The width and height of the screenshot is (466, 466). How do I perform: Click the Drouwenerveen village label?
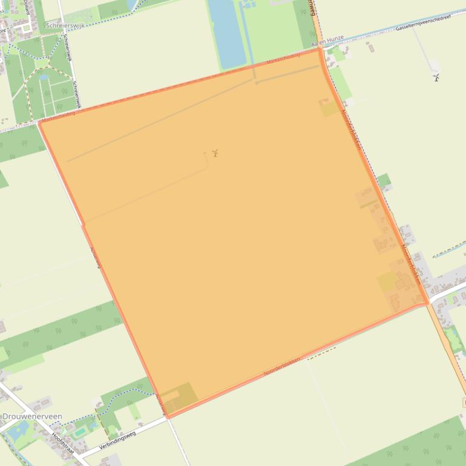[x=32, y=417]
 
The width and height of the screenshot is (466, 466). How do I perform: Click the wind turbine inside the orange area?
[x=214, y=153]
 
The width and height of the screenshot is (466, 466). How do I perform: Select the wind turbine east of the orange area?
[x=436, y=77]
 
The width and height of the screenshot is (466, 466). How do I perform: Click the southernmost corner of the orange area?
[x=168, y=416]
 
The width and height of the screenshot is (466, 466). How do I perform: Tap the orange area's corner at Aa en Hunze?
[x=319, y=49]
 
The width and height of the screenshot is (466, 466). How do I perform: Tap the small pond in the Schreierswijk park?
[x=44, y=77]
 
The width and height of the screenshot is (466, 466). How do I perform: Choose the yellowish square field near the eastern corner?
[x=387, y=283]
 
